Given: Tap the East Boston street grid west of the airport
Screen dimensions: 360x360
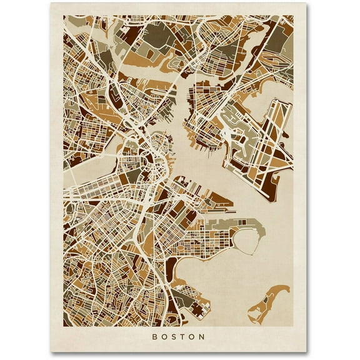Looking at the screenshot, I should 206,106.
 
